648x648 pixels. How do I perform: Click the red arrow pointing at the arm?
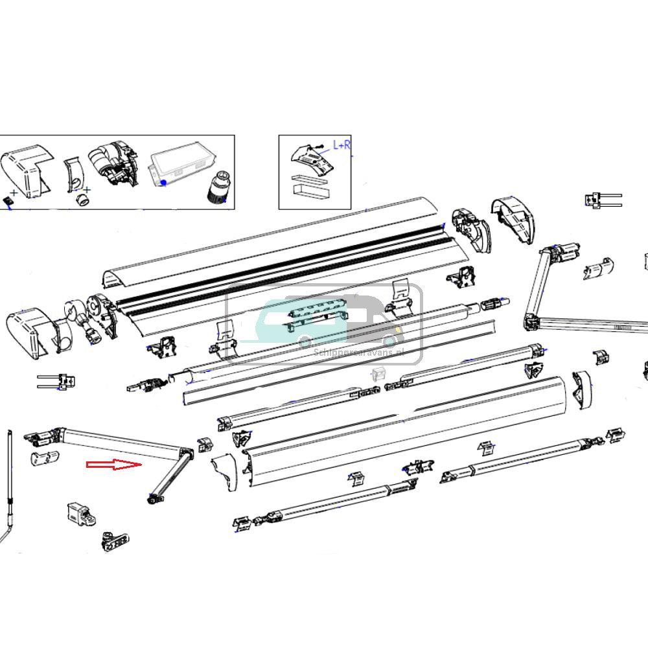point(114,465)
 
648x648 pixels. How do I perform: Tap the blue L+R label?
point(341,145)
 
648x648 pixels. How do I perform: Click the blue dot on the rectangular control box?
point(164,183)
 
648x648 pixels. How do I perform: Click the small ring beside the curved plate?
point(83,197)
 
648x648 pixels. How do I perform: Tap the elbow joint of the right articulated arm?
point(531,319)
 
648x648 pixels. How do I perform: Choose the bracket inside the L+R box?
point(313,160)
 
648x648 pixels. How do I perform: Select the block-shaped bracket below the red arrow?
point(80,513)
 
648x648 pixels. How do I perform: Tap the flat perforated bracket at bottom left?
point(114,540)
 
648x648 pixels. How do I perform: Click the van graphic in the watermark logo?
point(324,321)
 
